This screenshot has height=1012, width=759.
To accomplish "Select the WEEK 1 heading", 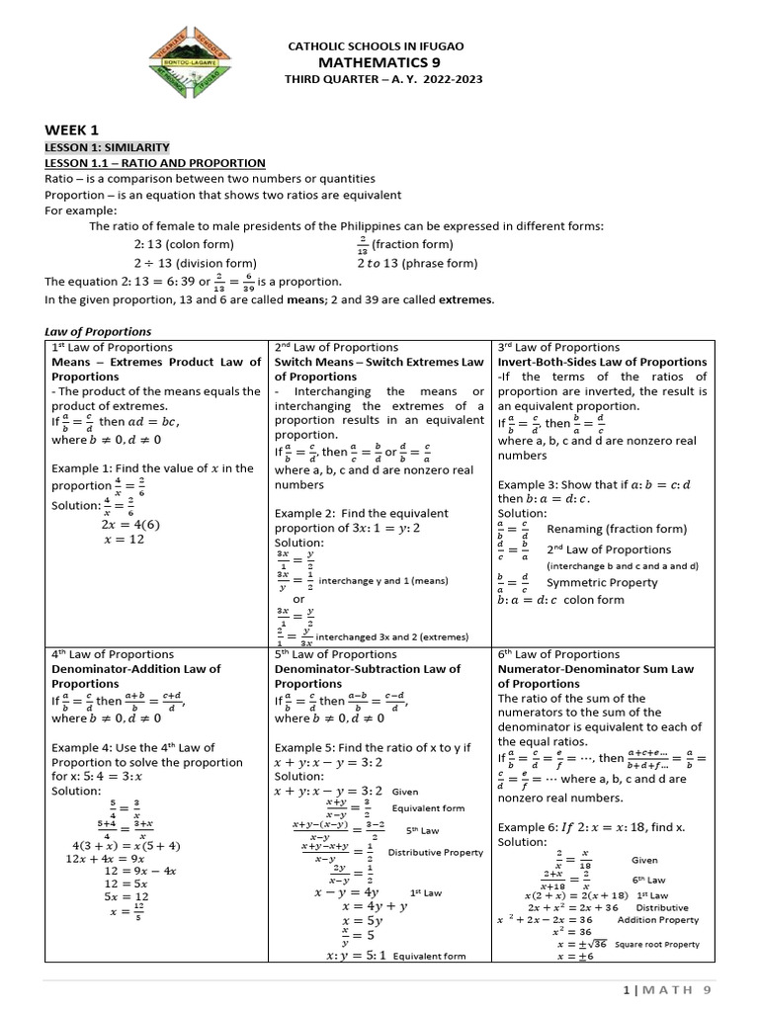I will point(72,129).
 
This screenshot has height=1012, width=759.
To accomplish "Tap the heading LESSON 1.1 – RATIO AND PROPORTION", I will point(154,162).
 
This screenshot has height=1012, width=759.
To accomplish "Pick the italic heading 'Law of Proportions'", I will point(98,331).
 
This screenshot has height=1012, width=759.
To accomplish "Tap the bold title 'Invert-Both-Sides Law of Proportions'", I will point(602,362).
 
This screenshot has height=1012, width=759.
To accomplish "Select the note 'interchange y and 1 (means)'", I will point(390,580).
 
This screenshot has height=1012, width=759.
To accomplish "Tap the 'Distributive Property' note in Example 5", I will point(435,852).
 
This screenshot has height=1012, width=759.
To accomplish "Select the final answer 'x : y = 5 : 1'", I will point(355,956).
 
